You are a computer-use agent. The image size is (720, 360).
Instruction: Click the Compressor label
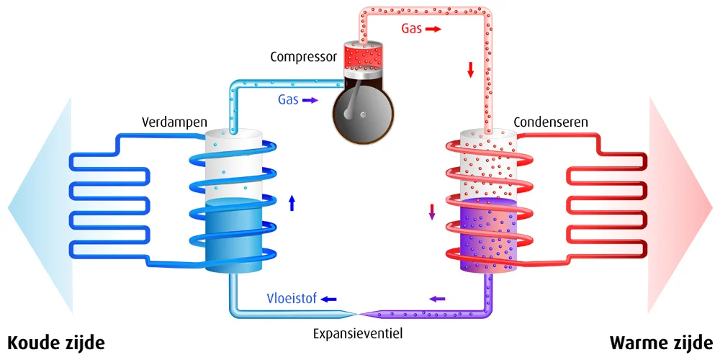click(303, 57)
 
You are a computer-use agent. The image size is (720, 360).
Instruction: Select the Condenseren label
click(550, 122)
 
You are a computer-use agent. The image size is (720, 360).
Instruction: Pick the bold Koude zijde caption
click(56, 343)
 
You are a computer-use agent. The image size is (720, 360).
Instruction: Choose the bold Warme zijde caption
click(662, 343)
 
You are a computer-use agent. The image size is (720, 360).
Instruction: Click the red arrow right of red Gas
click(432, 30)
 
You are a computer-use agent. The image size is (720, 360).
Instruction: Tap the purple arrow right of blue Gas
click(310, 101)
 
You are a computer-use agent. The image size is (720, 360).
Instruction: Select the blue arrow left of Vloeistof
click(328, 299)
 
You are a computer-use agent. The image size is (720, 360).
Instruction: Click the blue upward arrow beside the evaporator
click(292, 202)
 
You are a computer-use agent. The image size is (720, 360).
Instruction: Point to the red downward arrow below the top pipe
click(471, 69)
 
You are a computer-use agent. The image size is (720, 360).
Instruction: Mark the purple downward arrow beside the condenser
click(432, 212)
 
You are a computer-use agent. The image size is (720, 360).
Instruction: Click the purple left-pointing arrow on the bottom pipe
click(438, 298)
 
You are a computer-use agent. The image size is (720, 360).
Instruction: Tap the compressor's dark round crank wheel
click(363, 114)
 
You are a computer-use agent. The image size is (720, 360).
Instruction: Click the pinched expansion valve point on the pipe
click(358, 313)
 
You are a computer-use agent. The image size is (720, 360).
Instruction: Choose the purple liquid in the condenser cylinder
click(488, 238)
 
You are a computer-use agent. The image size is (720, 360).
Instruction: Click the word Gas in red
click(411, 30)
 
